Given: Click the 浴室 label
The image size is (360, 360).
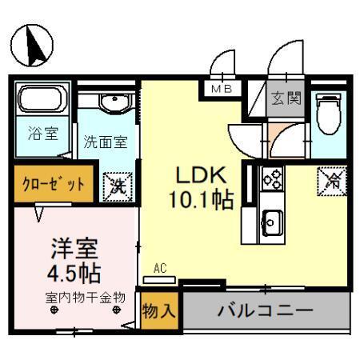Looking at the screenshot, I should (x=42, y=134).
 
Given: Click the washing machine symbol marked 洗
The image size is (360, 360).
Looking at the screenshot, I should (x=119, y=185).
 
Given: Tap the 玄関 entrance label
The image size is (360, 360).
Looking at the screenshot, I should (x=286, y=99).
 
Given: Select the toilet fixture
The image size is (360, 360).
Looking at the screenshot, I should (x=328, y=114).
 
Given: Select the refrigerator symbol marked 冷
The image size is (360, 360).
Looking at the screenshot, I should (x=330, y=180).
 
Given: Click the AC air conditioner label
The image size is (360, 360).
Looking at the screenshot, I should (x=160, y=269).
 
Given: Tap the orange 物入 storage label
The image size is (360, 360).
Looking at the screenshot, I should (x=158, y=311).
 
